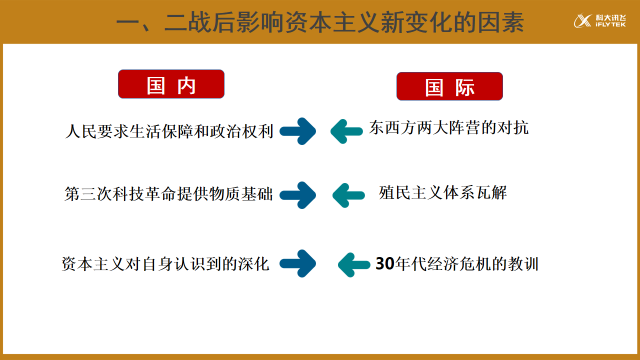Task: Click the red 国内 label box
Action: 168,86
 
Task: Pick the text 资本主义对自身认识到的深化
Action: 165,264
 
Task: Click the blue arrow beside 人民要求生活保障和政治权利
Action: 297,130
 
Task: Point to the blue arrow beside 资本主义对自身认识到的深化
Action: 297,264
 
